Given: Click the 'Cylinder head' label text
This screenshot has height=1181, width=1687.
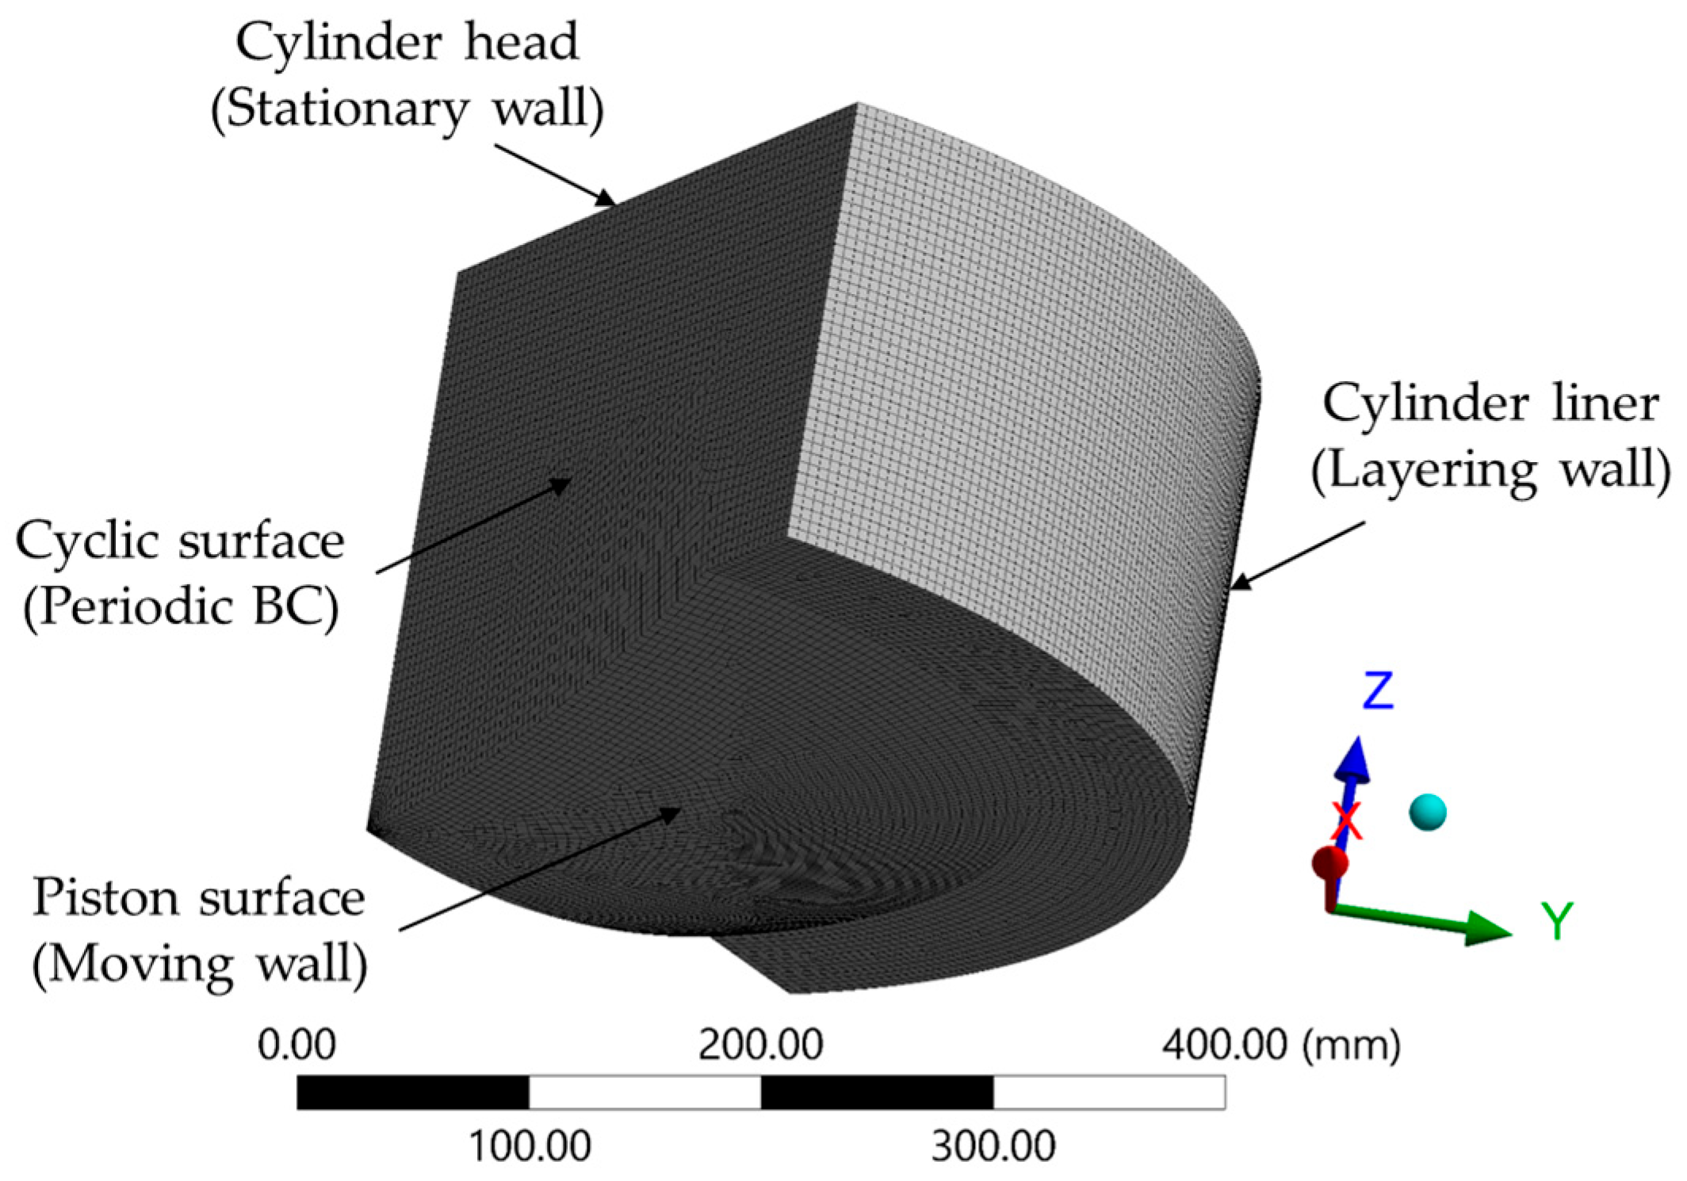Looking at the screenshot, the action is coord(407,42).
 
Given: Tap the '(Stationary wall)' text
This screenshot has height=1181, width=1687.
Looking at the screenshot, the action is coord(407,109).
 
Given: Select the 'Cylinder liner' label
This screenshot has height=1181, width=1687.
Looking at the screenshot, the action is coord(1490,403).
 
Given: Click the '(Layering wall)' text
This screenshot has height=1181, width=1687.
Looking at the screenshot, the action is coord(1491,470).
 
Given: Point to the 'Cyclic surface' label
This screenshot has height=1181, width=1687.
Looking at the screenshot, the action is coord(180,541).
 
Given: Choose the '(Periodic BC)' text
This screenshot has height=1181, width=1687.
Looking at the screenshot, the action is coord(182,608).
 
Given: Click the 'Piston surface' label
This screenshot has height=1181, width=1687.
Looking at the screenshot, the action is coord(198,898).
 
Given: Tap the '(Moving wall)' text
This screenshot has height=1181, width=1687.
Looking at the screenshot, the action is coord(200,965).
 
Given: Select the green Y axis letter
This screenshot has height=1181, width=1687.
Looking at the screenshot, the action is coord(1557,921).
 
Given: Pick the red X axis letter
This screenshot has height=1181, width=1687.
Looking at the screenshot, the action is coord(1347,821).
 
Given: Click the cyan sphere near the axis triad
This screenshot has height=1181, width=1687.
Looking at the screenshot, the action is coord(1428,812).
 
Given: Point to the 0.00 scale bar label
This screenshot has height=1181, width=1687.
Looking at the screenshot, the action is coord(296,1045).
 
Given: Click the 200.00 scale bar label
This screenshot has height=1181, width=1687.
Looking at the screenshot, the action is coord(760,1045).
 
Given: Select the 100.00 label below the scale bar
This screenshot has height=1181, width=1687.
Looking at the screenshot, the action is coord(530,1146).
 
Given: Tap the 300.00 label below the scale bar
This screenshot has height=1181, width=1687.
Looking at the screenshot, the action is coord(993,1146).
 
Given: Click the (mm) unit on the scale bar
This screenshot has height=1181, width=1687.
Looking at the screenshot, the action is coord(1352,1045).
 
